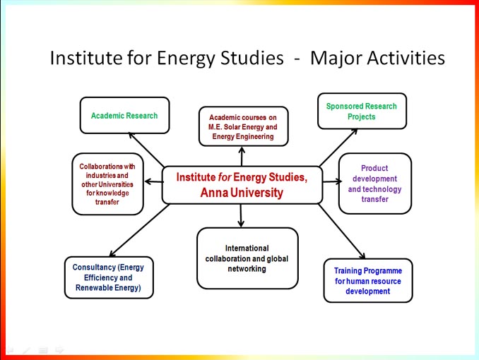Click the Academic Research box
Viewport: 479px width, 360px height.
point(124,116)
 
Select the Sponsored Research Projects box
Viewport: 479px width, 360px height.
point(362,111)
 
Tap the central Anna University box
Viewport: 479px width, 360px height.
point(242,185)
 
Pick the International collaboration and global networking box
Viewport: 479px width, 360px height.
point(247,258)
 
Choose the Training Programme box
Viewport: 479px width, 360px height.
point(368,281)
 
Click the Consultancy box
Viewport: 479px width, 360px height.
point(109,277)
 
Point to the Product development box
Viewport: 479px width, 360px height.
point(375,184)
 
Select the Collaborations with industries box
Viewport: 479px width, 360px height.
point(107,184)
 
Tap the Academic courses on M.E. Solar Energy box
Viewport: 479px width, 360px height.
point(244,126)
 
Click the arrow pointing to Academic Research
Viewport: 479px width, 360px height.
point(146,150)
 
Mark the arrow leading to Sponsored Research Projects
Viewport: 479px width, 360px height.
point(338,148)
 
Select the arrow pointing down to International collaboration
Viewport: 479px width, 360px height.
point(241,216)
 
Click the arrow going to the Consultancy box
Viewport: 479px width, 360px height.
point(139,230)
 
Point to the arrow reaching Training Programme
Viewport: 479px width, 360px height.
point(342,232)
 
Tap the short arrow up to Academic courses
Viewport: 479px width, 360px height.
point(242,156)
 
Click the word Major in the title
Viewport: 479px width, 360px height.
point(336,59)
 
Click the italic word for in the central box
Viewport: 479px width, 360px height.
point(225,177)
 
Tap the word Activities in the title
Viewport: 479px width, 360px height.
point(406,58)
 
